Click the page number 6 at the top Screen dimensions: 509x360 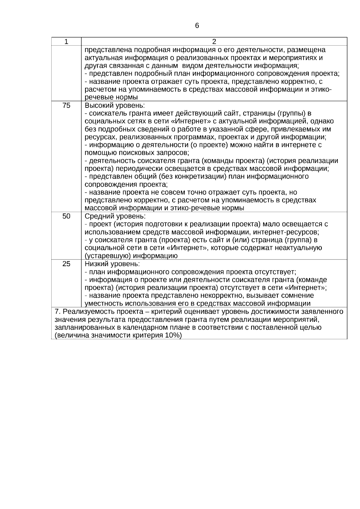[197, 26]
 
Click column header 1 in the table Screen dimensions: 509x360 [66, 41]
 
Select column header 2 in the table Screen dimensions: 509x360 [214, 41]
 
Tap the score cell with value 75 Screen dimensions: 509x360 [66, 105]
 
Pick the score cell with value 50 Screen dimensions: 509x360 [66, 216]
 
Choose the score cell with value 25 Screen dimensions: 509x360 [66, 264]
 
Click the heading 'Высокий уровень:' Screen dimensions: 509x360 [115, 106]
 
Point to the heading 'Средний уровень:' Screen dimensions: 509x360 [115, 216]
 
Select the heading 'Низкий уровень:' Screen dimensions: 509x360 [112, 264]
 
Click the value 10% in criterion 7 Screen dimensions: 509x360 [172, 335]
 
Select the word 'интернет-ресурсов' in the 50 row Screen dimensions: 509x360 [288, 232]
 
